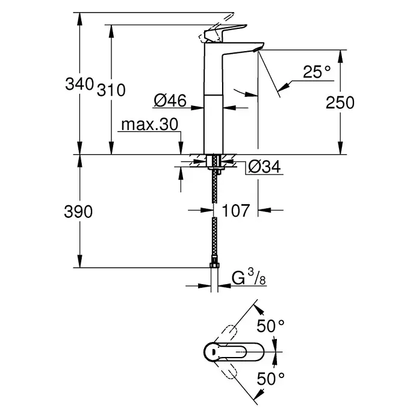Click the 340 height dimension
point(79,84)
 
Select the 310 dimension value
point(110,90)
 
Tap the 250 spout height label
point(340,103)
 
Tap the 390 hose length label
point(79,212)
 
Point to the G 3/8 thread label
point(248,278)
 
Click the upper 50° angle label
point(270,326)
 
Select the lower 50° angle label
point(270,379)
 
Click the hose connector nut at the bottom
point(214,266)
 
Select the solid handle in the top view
point(226,352)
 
